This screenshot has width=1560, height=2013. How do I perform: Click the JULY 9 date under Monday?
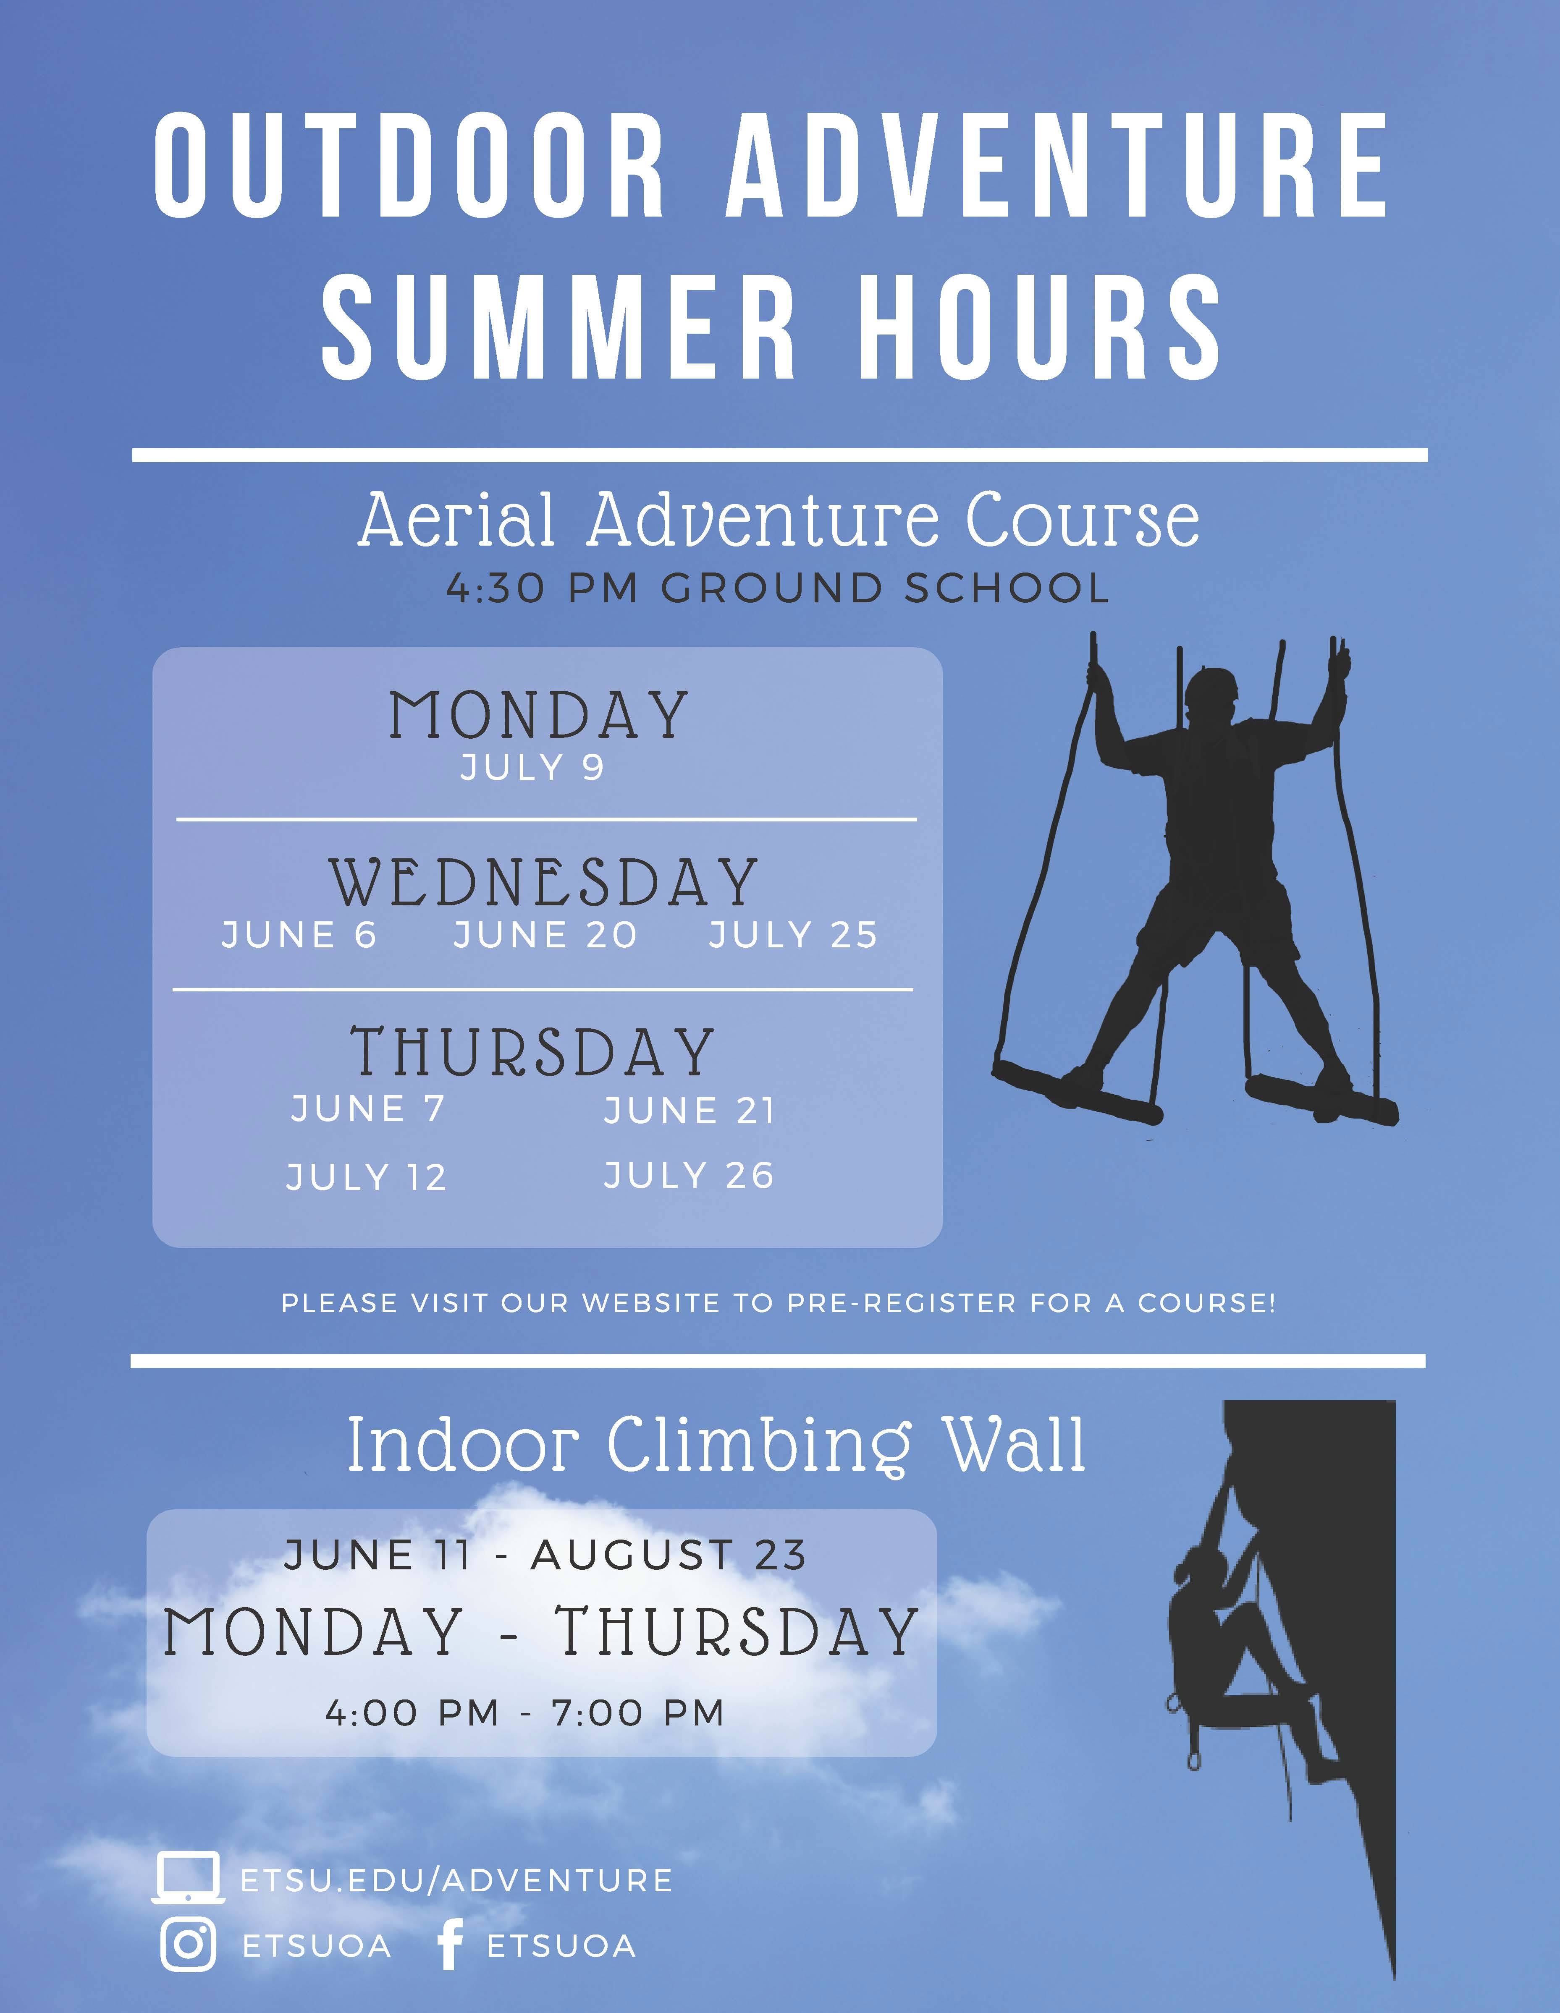532,767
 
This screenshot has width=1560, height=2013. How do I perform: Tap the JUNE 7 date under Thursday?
368,1108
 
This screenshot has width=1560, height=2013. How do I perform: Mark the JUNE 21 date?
690,1111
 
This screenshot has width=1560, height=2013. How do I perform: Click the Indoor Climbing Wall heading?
716,1444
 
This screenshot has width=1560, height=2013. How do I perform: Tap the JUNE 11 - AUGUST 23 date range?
546,1555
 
